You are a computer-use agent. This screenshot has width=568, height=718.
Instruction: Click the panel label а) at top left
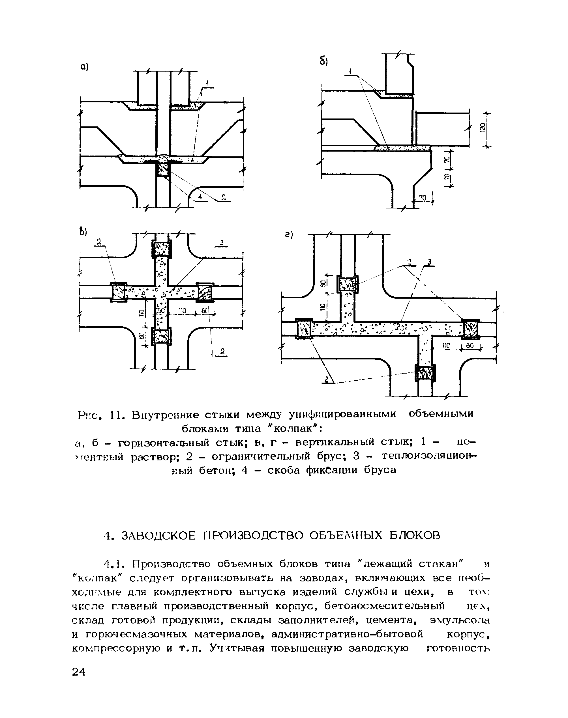click(83, 67)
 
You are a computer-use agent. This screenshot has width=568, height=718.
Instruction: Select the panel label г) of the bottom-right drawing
click(288, 235)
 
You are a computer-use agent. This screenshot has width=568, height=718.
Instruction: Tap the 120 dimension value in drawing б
click(483, 127)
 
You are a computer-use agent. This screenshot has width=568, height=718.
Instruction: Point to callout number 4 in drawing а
click(200, 197)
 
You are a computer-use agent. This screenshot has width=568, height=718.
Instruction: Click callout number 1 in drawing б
click(350, 71)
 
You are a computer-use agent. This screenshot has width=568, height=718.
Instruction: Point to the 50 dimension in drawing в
click(161, 311)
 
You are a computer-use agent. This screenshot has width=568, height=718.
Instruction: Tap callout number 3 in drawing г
click(429, 263)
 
